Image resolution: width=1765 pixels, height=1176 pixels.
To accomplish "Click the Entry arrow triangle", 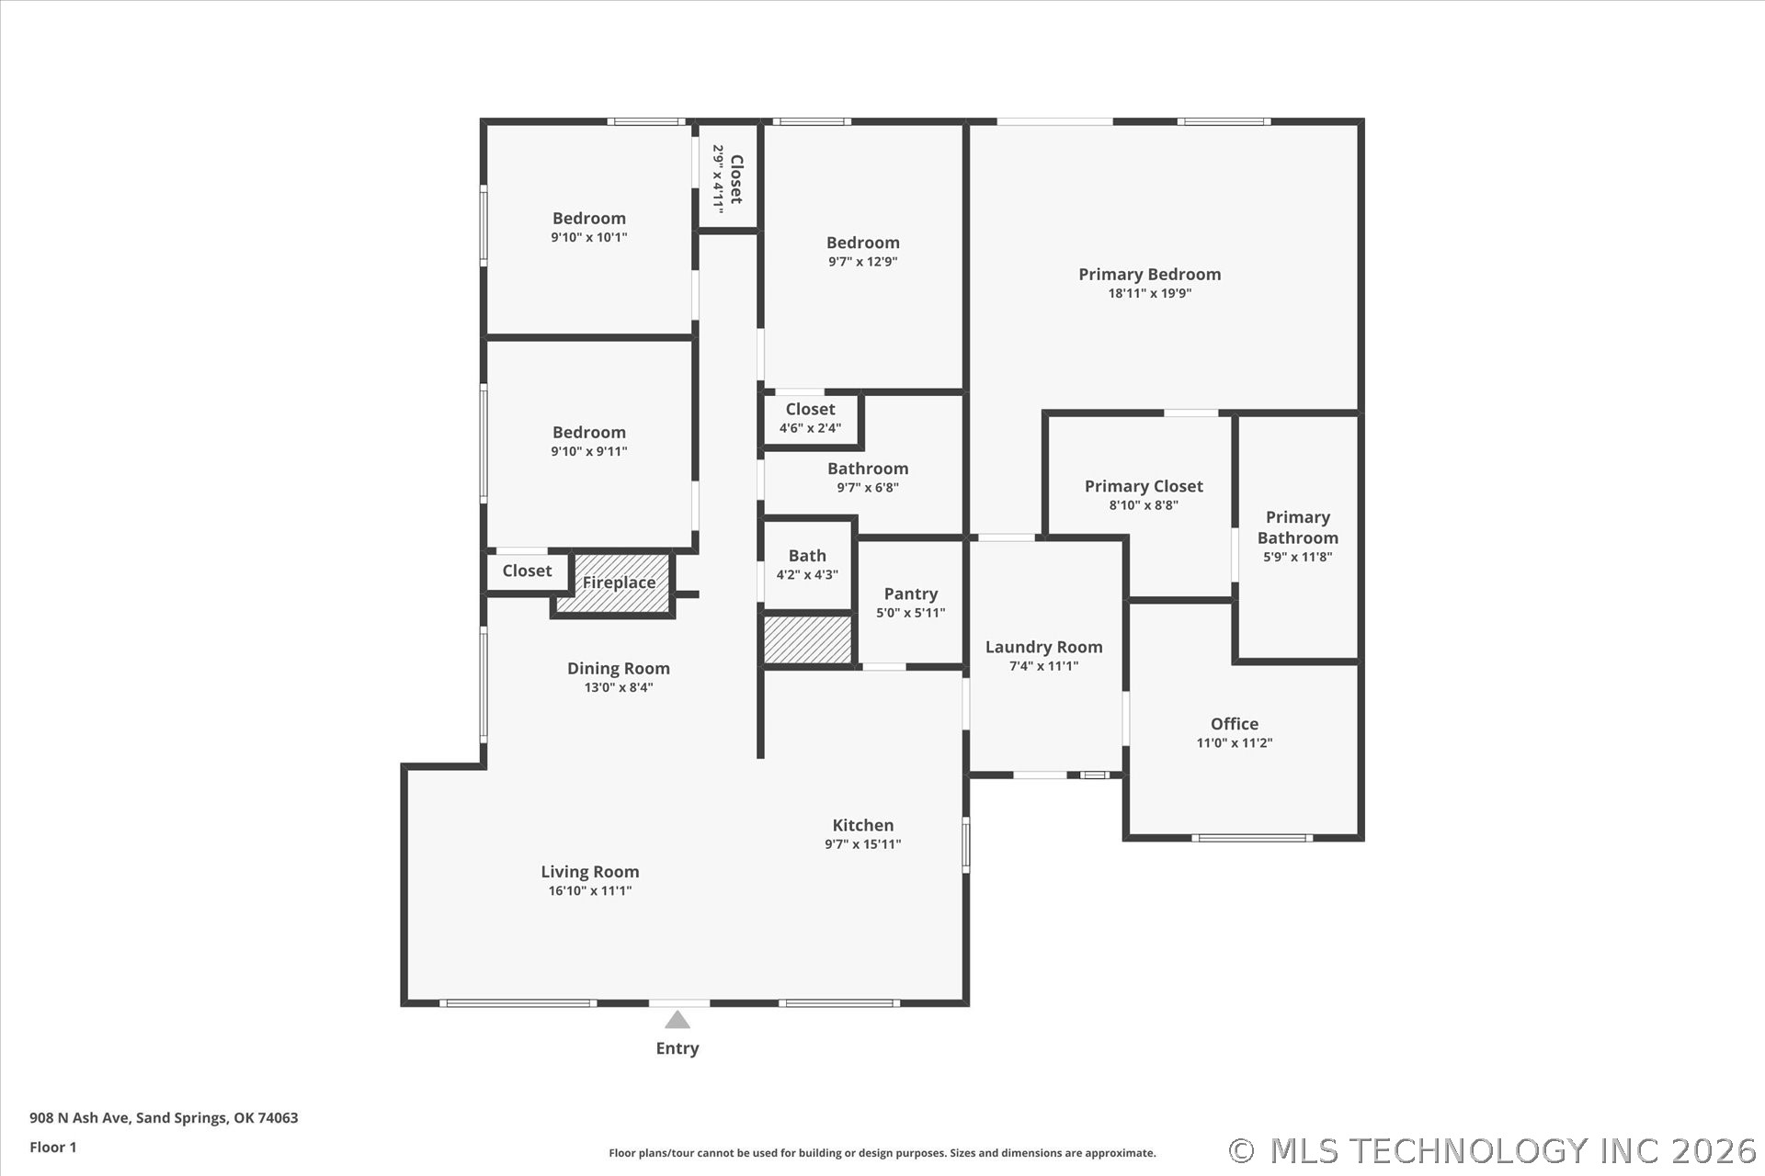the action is pos(678,1020).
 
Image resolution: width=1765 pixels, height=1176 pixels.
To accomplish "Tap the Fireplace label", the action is pos(619,582).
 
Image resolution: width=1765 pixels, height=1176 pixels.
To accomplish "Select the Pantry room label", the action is pos(911,594).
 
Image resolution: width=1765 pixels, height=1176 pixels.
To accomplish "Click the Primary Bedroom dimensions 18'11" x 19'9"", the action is pos(1150,293).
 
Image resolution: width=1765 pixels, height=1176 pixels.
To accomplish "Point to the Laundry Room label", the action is pos(1044,647).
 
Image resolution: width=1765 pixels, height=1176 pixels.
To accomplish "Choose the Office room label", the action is pos(1235,724).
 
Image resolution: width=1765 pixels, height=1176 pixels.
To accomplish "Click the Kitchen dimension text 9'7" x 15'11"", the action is pos(863,844).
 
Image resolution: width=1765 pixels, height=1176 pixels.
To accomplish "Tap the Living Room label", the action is pos(590,872).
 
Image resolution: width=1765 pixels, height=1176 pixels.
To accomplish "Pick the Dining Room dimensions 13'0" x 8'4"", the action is pos(619,687).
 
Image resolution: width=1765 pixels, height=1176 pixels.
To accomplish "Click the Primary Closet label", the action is pos(1144,486).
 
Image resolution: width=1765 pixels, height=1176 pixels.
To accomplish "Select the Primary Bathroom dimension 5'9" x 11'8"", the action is pos(1298,557).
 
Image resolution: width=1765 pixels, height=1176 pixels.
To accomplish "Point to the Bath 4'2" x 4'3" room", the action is pos(807,565).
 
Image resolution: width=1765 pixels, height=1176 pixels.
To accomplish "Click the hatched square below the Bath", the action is pos(808,639).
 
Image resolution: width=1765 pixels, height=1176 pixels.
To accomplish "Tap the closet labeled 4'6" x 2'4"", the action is pos(810,419).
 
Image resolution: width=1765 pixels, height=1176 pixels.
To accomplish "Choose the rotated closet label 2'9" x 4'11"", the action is pos(728,179).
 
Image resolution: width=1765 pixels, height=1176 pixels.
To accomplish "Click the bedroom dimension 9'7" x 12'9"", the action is pos(863,262).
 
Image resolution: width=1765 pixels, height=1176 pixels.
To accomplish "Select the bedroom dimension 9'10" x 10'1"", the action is pos(589,237).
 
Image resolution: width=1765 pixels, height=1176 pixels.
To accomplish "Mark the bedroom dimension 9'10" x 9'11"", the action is pos(589,451).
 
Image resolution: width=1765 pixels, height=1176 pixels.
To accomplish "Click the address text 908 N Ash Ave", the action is pos(81,1118).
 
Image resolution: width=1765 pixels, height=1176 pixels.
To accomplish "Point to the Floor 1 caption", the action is pos(53,1148).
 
